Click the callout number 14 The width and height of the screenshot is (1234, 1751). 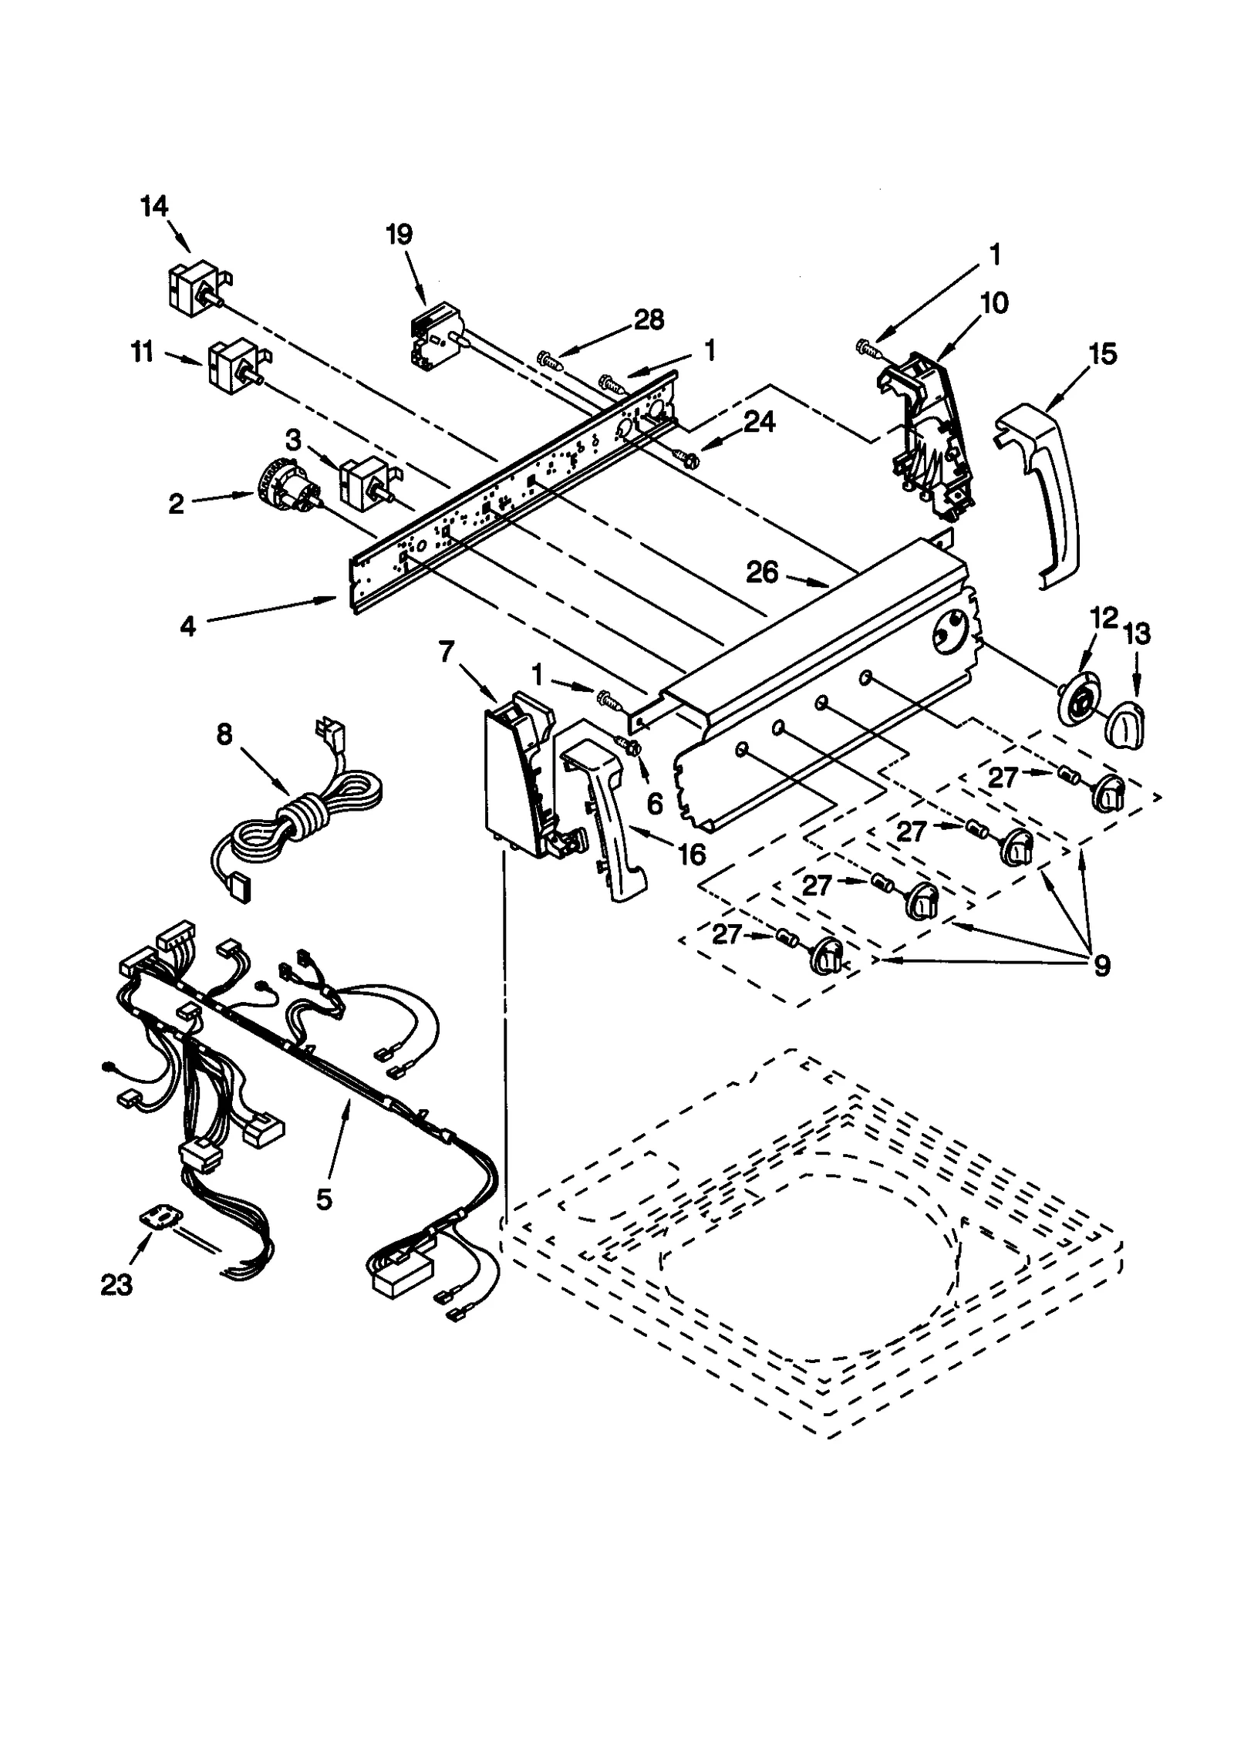pyautogui.click(x=154, y=207)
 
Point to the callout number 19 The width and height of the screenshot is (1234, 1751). pyautogui.click(x=399, y=234)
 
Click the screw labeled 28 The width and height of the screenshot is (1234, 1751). pyautogui.click(x=547, y=358)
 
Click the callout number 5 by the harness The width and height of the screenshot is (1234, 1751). pyautogui.click(x=324, y=1198)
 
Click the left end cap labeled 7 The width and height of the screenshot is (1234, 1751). pyautogui.click(x=517, y=779)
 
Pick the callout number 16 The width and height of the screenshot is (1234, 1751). pyautogui.click(x=692, y=854)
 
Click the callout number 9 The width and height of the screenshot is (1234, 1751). pyautogui.click(x=1101, y=964)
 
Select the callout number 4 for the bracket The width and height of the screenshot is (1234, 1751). pyautogui.click(x=188, y=626)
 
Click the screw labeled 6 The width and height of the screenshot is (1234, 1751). pyautogui.click(x=627, y=745)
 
